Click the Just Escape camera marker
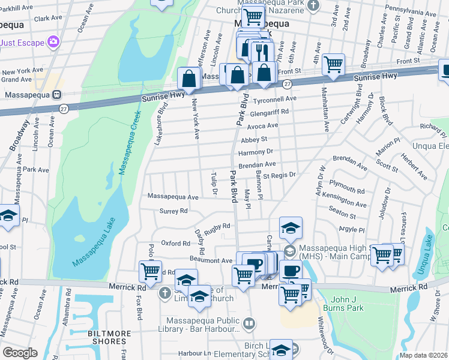[54, 41]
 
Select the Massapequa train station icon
[57, 94]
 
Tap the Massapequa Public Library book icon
[249, 325]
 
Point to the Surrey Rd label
[173, 211]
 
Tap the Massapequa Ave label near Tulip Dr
[173, 196]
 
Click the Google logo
[20, 353]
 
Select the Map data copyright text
[424, 355]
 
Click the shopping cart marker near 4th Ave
[333, 64]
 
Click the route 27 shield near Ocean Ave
[63, 108]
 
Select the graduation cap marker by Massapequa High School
[291, 227]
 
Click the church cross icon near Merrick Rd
[165, 293]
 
